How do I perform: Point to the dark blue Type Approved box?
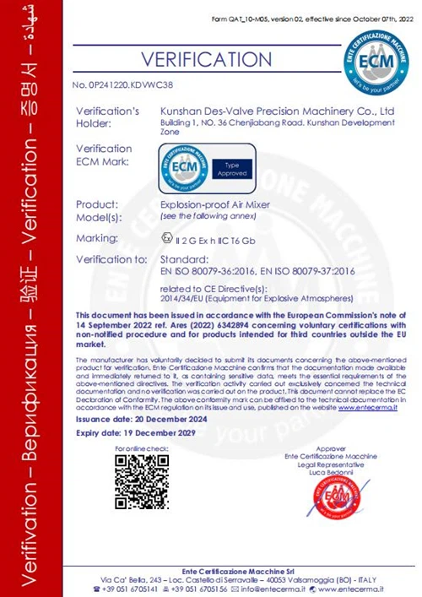[232, 168]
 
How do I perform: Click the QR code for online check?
[141, 480]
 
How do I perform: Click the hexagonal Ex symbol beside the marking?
[165, 238]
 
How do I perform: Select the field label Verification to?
[111, 258]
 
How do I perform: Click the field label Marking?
[96, 238]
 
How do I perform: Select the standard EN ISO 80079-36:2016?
[208, 270]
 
